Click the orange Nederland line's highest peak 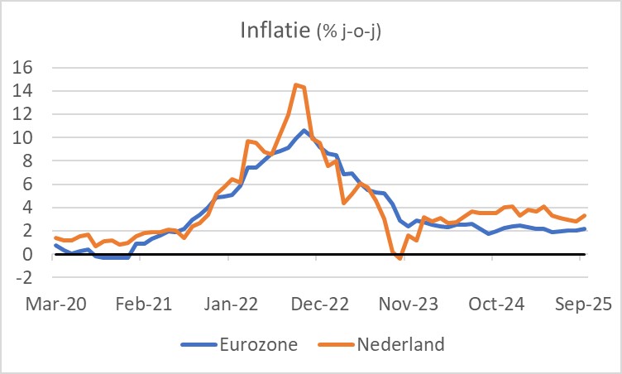point(296,84)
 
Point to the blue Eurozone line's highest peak point(305,131)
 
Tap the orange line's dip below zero point(400,258)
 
